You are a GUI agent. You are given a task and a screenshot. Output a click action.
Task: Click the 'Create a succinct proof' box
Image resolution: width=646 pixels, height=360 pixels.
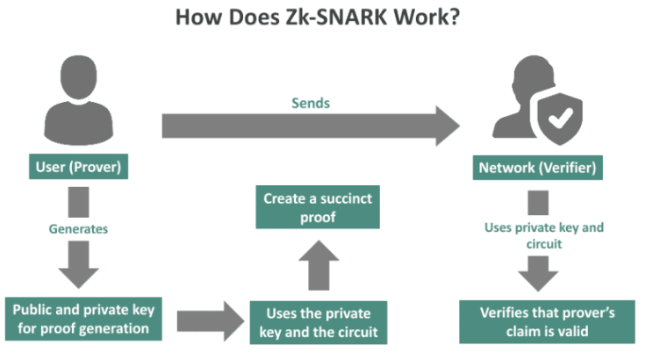click(x=318, y=207)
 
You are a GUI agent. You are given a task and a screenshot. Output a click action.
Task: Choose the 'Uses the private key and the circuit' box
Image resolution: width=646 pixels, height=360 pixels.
click(x=318, y=321)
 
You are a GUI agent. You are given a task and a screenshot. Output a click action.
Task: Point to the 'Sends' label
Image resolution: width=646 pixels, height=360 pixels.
click(x=311, y=103)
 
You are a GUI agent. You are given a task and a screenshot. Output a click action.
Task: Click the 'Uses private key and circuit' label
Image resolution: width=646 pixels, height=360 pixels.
click(x=544, y=235)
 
